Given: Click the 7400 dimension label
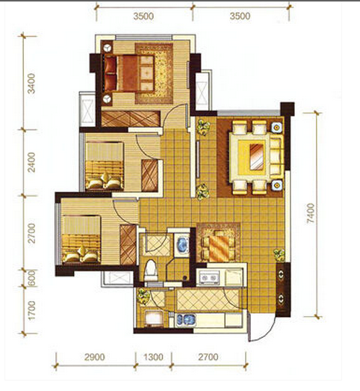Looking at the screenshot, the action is tap(311, 213).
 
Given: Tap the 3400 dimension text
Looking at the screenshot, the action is tap(31, 83).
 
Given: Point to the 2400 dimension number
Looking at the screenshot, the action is tap(31, 162).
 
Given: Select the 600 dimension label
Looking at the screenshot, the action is tap(31, 278).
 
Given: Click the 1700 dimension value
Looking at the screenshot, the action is tap(31, 311).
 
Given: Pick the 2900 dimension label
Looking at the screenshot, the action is tap(94, 357).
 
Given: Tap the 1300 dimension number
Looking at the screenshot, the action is tap(153, 357).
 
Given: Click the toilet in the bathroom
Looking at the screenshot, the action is tap(152, 271).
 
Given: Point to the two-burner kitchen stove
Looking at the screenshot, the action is tap(208, 277).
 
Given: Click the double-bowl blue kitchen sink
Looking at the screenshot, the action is tap(186, 321).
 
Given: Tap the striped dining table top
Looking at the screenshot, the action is tap(219, 247).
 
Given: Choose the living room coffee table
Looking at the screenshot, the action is tap(258, 156).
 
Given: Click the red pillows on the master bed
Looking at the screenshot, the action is tap(111, 73).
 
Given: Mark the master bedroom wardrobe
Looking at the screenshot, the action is tap(131, 118).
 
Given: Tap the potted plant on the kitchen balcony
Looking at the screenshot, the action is tap(143, 297).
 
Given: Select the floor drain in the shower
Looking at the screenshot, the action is tap(184, 277).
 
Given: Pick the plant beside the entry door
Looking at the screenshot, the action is tap(279, 256).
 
